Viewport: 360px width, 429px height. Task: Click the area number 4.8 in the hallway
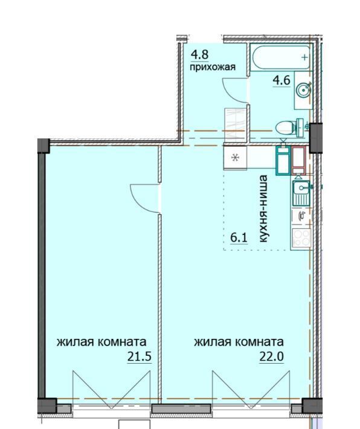click(200, 54)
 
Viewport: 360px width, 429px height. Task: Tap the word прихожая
click(213, 67)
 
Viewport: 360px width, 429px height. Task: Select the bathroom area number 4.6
click(281, 80)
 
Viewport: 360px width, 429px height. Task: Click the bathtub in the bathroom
click(281, 58)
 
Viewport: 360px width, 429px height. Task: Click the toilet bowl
click(289, 127)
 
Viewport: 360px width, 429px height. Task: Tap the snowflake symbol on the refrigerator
click(235, 158)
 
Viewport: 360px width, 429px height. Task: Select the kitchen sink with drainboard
click(301, 193)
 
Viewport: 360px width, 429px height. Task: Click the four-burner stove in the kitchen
click(302, 238)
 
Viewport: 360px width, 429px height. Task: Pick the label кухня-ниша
click(263, 208)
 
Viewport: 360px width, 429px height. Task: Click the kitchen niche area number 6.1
click(239, 237)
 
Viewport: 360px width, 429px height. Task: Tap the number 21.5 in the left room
click(140, 356)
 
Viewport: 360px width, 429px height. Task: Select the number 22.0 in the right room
click(271, 356)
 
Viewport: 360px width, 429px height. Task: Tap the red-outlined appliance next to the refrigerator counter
click(298, 160)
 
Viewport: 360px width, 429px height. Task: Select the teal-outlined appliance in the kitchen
click(283, 160)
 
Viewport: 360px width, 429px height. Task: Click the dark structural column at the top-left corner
click(43, 146)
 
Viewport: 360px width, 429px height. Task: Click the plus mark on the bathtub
click(304, 57)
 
